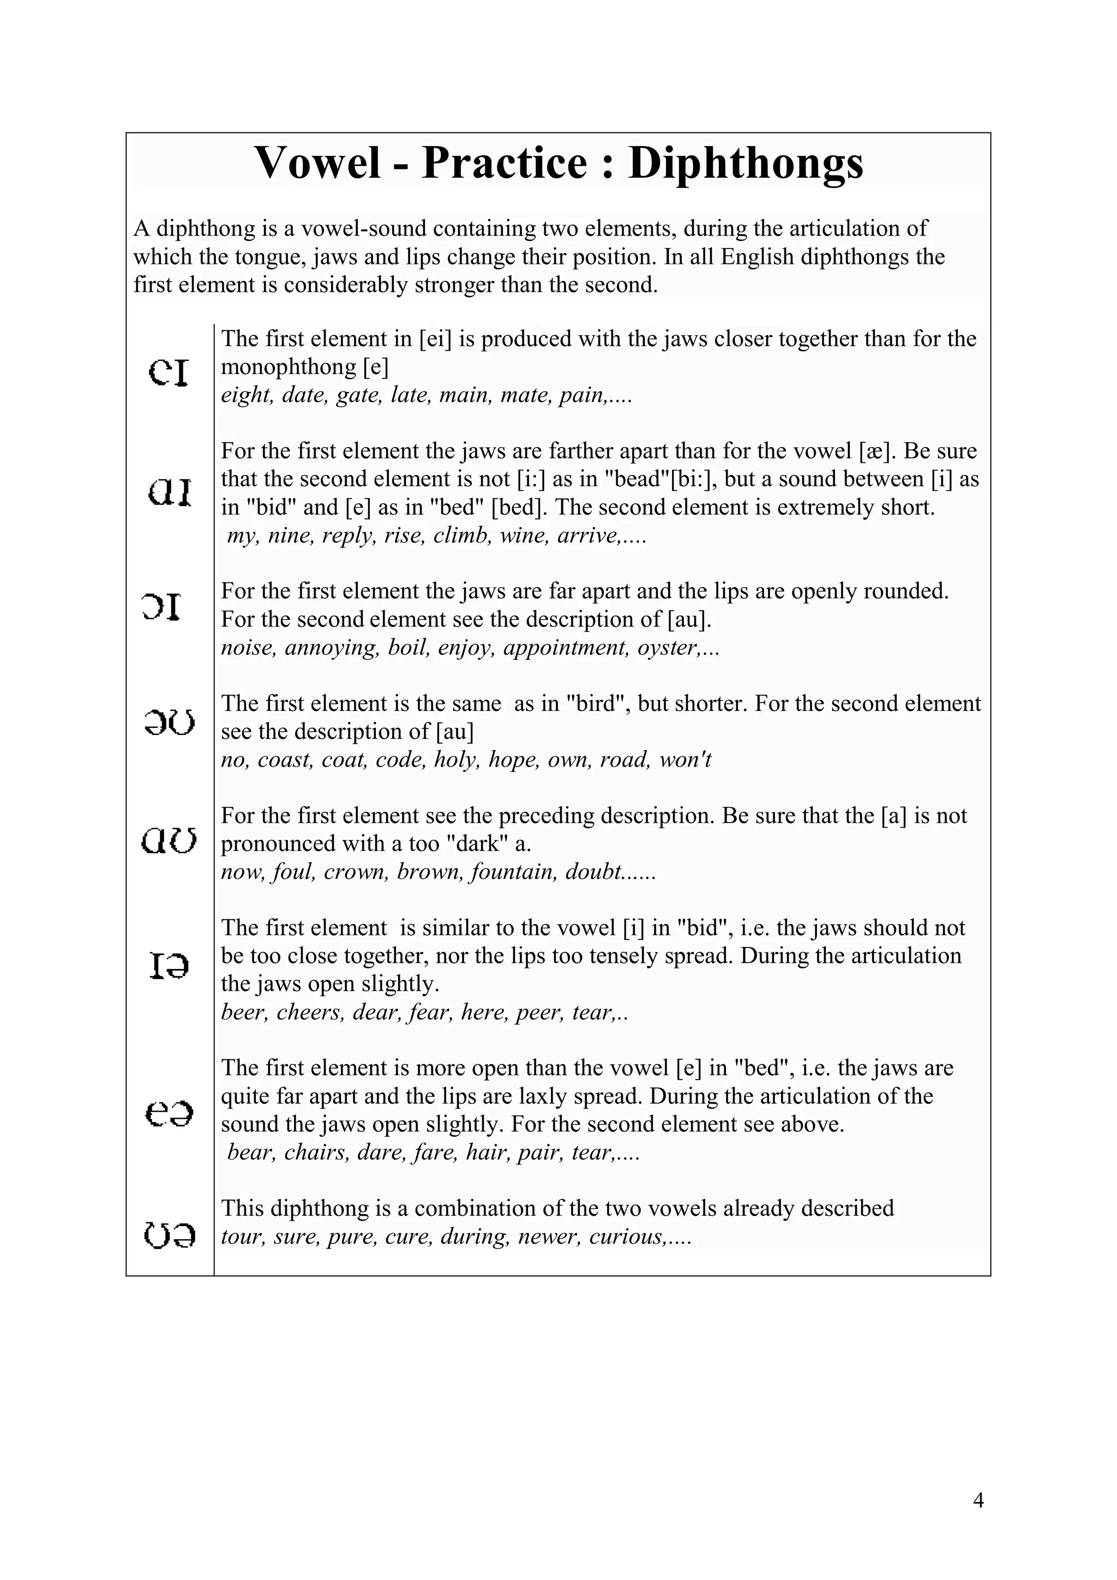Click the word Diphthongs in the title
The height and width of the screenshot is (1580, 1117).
(746, 164)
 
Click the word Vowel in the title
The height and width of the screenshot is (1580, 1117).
(317, 164)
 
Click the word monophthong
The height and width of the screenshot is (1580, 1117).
(290, 367)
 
